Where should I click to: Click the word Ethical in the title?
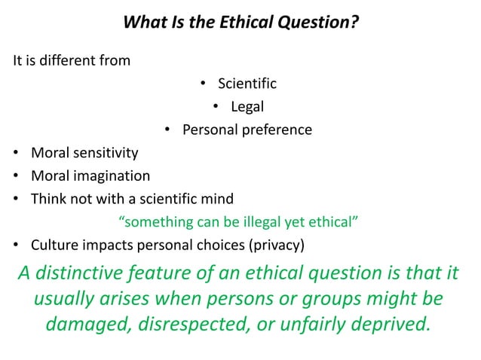click(239, 23)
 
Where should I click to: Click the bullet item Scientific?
click(247, 84)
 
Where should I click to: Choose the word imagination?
click(112, 176)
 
